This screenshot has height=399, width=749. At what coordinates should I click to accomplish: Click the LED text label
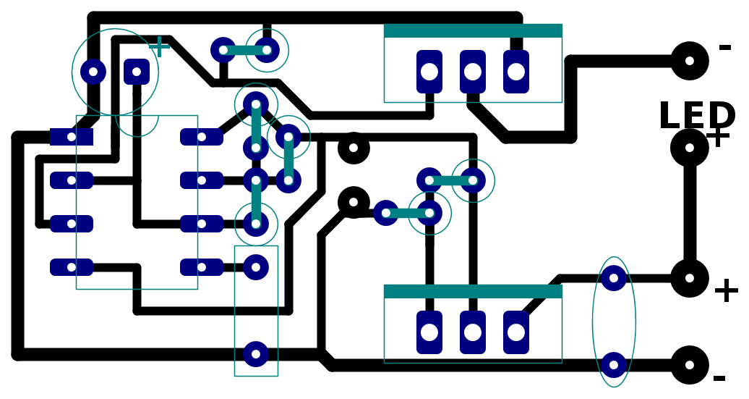[697, 116]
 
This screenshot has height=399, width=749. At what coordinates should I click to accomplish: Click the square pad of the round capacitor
[137, 72]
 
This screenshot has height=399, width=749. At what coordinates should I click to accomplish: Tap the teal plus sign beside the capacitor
[160, 47]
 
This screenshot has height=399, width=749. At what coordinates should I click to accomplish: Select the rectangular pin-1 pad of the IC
[72, 137]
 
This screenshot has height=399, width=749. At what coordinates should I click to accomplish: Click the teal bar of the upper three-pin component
[473, 30]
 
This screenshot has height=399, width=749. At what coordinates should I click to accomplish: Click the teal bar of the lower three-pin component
[473, 291]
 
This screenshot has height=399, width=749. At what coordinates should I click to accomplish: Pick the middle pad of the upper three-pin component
[473, 72]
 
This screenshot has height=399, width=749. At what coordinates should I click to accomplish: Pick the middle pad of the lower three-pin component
[473, 332]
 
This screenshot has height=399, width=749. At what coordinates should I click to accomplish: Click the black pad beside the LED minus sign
[690, 61]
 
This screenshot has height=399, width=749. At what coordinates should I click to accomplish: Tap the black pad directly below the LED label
[690, 148]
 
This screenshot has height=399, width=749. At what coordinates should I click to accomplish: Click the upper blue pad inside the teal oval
[614, 278]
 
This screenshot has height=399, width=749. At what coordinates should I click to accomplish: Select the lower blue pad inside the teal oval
[614, 365]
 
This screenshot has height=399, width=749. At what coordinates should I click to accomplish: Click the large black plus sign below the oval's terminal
[727, 291]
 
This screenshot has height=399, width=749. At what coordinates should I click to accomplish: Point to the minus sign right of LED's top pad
[725, 47]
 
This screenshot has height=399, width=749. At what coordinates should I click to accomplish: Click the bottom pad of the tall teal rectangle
[256, 354]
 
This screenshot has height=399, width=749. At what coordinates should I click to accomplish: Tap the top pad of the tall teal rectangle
[256, 267]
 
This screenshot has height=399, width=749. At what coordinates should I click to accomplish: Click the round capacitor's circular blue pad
[93, 72]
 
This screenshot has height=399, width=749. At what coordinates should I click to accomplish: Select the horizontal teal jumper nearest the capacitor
[245, 50]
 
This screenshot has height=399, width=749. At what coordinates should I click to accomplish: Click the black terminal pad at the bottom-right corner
[690, 365]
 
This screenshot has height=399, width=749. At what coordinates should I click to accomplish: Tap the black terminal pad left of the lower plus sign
[690, 278]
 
